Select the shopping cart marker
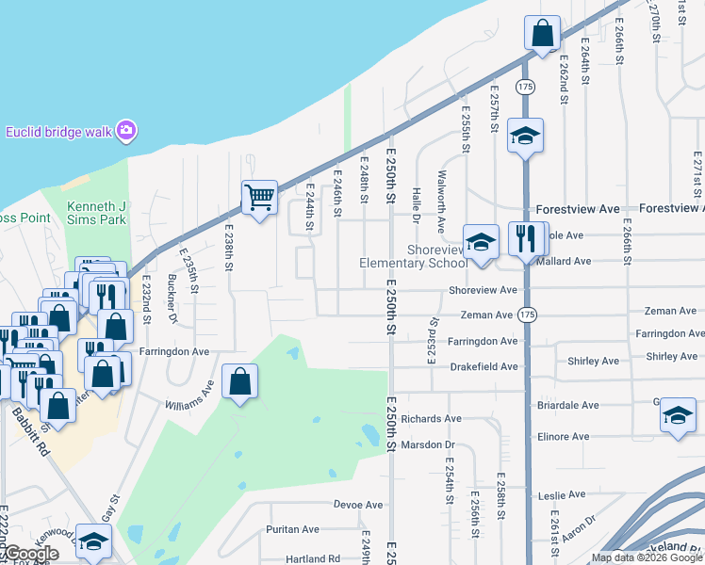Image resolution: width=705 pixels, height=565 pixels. (259, 198)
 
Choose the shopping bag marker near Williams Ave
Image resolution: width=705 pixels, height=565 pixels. (241, 382)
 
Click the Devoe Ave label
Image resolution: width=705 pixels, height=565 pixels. (359, 505)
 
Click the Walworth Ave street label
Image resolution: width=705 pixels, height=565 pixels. (441, 202)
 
